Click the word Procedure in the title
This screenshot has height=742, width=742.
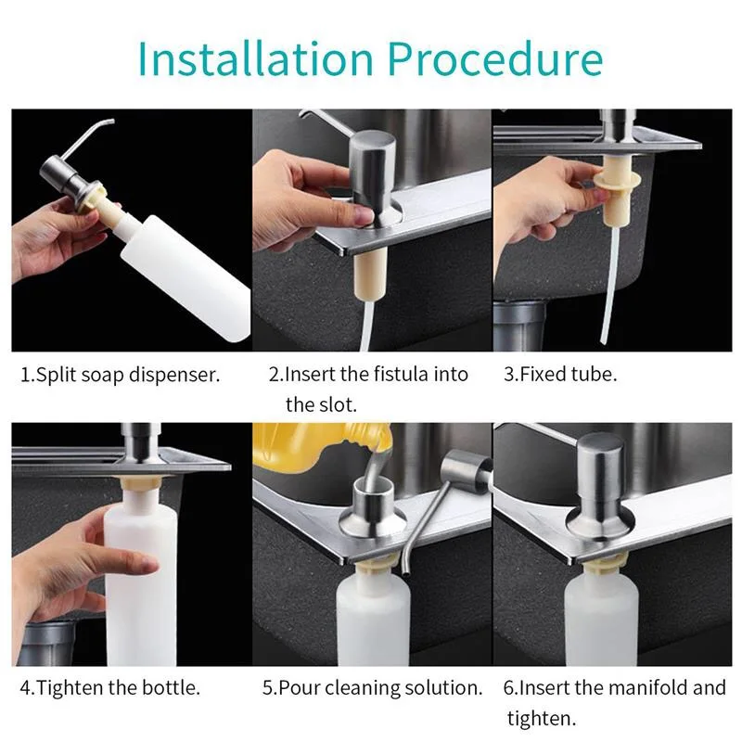495,58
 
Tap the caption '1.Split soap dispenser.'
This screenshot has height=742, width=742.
121,375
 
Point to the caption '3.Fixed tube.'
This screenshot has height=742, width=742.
560,374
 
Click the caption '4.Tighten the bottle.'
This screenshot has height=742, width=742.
109,687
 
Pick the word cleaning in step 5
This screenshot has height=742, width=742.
363,687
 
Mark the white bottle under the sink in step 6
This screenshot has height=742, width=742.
601,615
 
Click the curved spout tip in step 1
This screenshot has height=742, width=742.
111,122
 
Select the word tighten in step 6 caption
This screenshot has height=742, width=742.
542,719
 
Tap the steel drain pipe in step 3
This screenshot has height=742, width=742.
520,326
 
